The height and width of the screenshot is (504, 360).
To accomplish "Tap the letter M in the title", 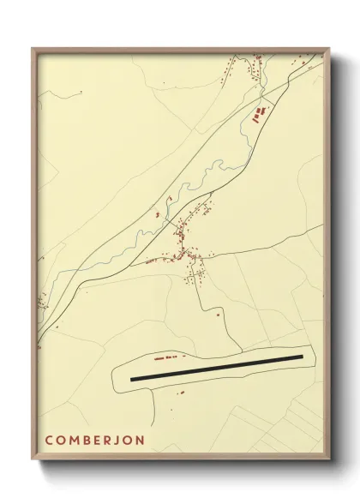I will click(x=75, y=441).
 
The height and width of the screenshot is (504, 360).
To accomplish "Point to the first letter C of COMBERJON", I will click(x=49, y=441).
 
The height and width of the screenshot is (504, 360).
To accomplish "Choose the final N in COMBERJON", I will click(x=140, y=441).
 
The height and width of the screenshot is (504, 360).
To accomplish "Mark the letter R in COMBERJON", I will click(x=109, y=441).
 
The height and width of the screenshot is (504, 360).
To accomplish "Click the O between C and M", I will click(x=61, y=441).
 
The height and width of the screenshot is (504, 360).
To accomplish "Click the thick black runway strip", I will click(x=217, y=368).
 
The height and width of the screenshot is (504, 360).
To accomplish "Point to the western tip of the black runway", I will click(x=132, y=378).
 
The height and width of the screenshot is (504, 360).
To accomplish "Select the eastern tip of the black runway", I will click(x=303, y=357).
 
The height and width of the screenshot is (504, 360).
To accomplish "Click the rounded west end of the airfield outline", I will click(x=115, y=376).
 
